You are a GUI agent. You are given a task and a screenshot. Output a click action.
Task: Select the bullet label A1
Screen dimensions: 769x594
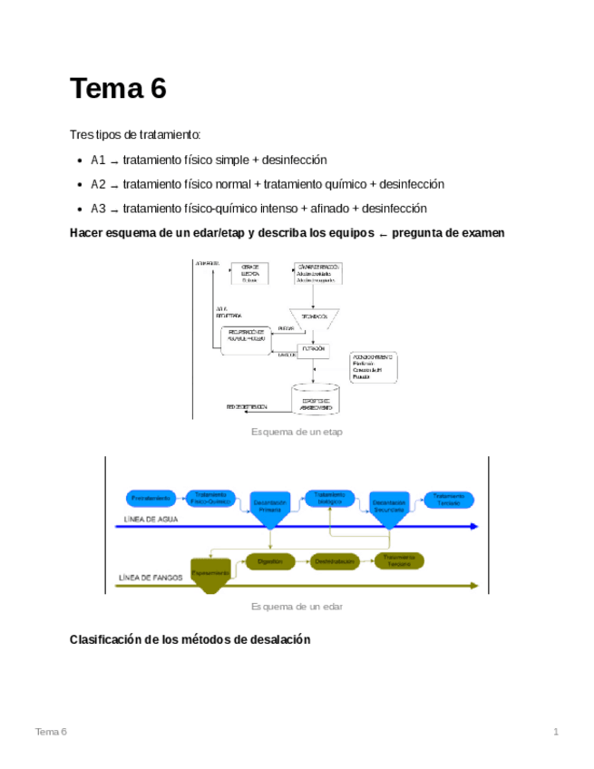99,160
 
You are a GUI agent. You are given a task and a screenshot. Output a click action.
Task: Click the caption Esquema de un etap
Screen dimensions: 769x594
297,432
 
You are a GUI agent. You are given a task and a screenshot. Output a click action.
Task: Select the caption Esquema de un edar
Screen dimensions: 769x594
297,607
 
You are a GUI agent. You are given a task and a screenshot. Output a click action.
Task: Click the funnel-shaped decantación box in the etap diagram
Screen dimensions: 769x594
314,316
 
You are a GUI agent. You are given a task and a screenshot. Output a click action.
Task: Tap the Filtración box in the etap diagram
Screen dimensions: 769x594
314,348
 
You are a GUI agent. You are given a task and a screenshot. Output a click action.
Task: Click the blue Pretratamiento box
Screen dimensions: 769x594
151,499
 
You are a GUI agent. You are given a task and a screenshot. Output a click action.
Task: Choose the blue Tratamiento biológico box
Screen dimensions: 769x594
327,498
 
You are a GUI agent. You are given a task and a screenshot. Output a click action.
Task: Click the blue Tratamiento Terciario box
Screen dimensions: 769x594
447,498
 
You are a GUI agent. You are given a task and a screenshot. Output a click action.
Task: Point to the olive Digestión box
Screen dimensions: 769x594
270,562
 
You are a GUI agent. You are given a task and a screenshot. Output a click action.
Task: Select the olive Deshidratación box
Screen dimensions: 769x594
336,562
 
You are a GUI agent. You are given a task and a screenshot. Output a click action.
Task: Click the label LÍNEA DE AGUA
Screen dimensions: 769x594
151,521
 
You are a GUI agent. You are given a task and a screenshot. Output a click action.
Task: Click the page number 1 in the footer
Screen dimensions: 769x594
555,732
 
